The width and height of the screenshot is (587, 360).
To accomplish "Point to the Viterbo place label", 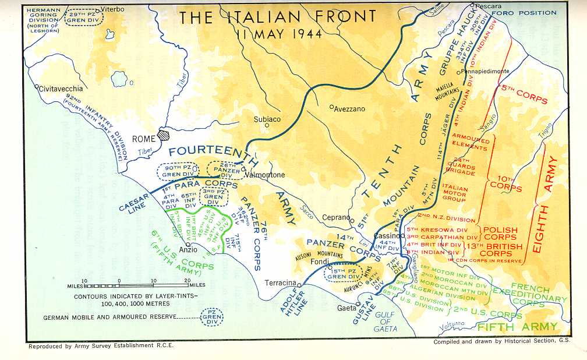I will click(x=113, y=10).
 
